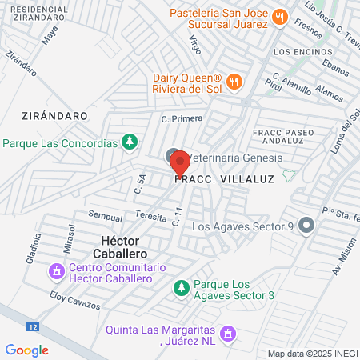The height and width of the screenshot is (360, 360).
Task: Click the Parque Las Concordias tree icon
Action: [x=128, y=143]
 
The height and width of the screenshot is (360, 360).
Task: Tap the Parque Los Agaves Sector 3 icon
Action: [x=182, y=286]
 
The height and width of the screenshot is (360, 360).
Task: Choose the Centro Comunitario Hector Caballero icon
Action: [x=56, y=273]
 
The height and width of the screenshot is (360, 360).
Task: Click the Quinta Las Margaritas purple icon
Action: [x=228, y=332]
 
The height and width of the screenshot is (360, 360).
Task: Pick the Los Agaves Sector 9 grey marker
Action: [x=306, y=226]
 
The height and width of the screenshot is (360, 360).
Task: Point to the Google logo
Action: [x=26, y=350]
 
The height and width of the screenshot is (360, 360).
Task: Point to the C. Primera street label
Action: [x=182, y=118]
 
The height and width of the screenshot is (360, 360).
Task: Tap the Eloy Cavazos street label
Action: [x=75, y=300]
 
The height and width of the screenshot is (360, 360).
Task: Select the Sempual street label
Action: [x=105, y=216]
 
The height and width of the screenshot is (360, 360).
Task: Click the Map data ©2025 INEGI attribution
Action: [x=311, y=353]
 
